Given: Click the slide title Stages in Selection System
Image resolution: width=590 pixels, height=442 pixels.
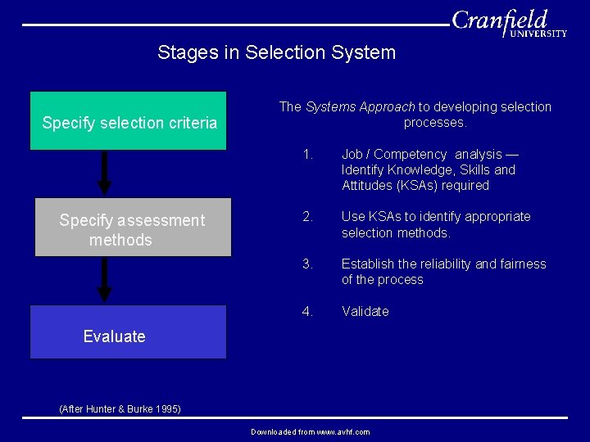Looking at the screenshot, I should click(x=276, y=53).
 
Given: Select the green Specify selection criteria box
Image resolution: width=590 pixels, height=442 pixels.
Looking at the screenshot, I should click(x=129, y=121).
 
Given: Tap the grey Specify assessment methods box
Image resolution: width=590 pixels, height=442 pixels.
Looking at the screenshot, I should click(x=133, y=228).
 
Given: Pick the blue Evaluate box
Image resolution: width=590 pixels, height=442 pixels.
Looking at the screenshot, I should click(x=129, y=332).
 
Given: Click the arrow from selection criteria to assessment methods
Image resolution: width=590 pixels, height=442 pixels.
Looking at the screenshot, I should click(x=104, y=173).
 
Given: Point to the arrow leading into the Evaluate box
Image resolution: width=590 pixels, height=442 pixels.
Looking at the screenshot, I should click(x=104, y=281).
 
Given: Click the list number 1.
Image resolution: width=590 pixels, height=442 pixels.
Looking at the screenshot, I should click(x=307, y=155).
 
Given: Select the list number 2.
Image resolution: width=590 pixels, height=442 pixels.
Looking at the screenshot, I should click(x=307, y=217).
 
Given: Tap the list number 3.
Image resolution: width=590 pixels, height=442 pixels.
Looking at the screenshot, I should click(x=307, y=264).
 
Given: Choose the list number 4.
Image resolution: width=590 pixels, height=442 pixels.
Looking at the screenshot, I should click(x=307, y=312).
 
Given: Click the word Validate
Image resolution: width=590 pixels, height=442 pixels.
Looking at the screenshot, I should click(x=365, y=312).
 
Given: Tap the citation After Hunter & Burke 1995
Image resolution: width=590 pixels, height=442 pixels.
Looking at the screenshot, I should click(x=120, y=408).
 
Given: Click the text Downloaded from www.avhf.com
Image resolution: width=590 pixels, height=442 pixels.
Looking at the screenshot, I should click(x=310, y=432).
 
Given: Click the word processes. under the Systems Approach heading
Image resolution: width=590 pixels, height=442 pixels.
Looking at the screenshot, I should click(x=434, y=123).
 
